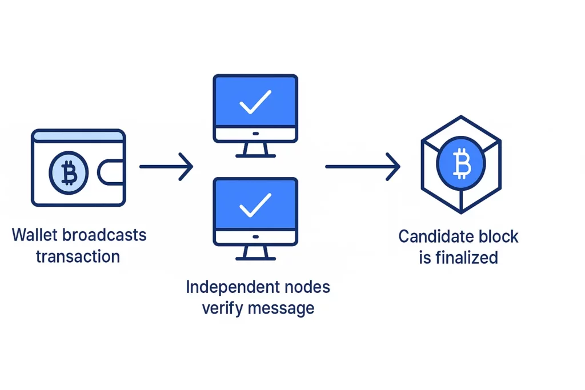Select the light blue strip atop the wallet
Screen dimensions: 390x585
coord(78,136)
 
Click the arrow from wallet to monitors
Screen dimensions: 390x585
coord(166,167)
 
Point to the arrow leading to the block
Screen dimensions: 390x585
coord(362,166)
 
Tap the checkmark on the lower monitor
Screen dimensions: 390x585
coord(255,204)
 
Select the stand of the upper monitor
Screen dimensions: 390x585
coord(255,150)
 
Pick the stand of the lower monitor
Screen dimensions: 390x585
coord(255,252)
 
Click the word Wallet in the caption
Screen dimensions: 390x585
coord(28,235)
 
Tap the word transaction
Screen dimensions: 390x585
coord(78,256)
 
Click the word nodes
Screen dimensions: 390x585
coord(309,287)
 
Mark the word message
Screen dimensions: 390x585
coord(281,308)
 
